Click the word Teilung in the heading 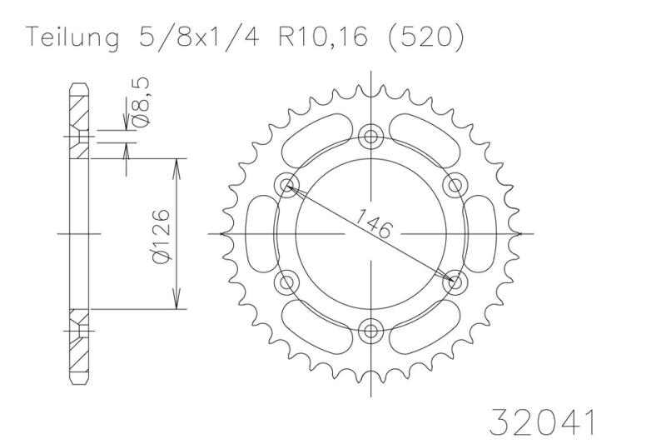coord(72,38)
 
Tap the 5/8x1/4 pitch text coord(198,37)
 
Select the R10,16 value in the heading coord(323,37)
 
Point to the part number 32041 coord(543,422)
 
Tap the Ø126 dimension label coord(162,236)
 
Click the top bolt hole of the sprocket coord(371,137)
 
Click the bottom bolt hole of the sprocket coord(371,331)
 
